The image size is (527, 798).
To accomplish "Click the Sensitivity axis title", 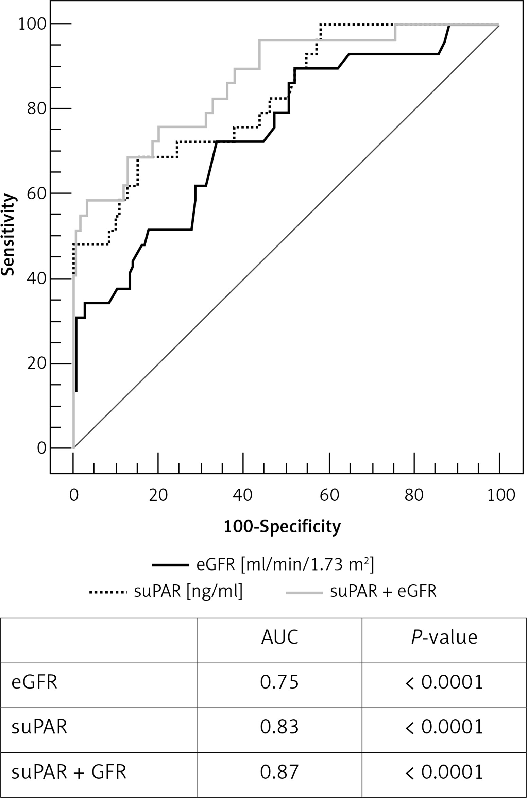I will tap(8, 235).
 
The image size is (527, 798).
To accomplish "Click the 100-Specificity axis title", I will tap(282, 527).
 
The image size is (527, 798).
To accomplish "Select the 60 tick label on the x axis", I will tap(329, 495).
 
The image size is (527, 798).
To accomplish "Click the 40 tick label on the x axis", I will tap(243, 495).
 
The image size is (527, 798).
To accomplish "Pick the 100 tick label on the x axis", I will tap(501, 495).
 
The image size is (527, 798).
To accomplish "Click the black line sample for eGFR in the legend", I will tap(170, 565).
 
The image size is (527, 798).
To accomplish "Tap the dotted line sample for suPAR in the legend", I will tap(108, 592).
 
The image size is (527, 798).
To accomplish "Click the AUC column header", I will tap(279, 637).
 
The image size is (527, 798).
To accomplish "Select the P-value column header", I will tap(444, 637).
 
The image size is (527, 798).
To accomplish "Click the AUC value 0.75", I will tap(279, 682).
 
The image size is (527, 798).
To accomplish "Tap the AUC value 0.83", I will tap(279, 727).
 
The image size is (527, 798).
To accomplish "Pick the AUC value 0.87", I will tap(279, 772).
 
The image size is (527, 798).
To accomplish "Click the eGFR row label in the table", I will tap(34, 682).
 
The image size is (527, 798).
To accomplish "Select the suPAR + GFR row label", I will tap(69, 772).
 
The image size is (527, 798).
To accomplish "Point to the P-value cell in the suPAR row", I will tap(444, 727).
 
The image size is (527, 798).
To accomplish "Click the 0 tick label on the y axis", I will tap(42, 448).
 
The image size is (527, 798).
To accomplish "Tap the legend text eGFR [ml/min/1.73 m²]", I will tap(285, 565).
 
